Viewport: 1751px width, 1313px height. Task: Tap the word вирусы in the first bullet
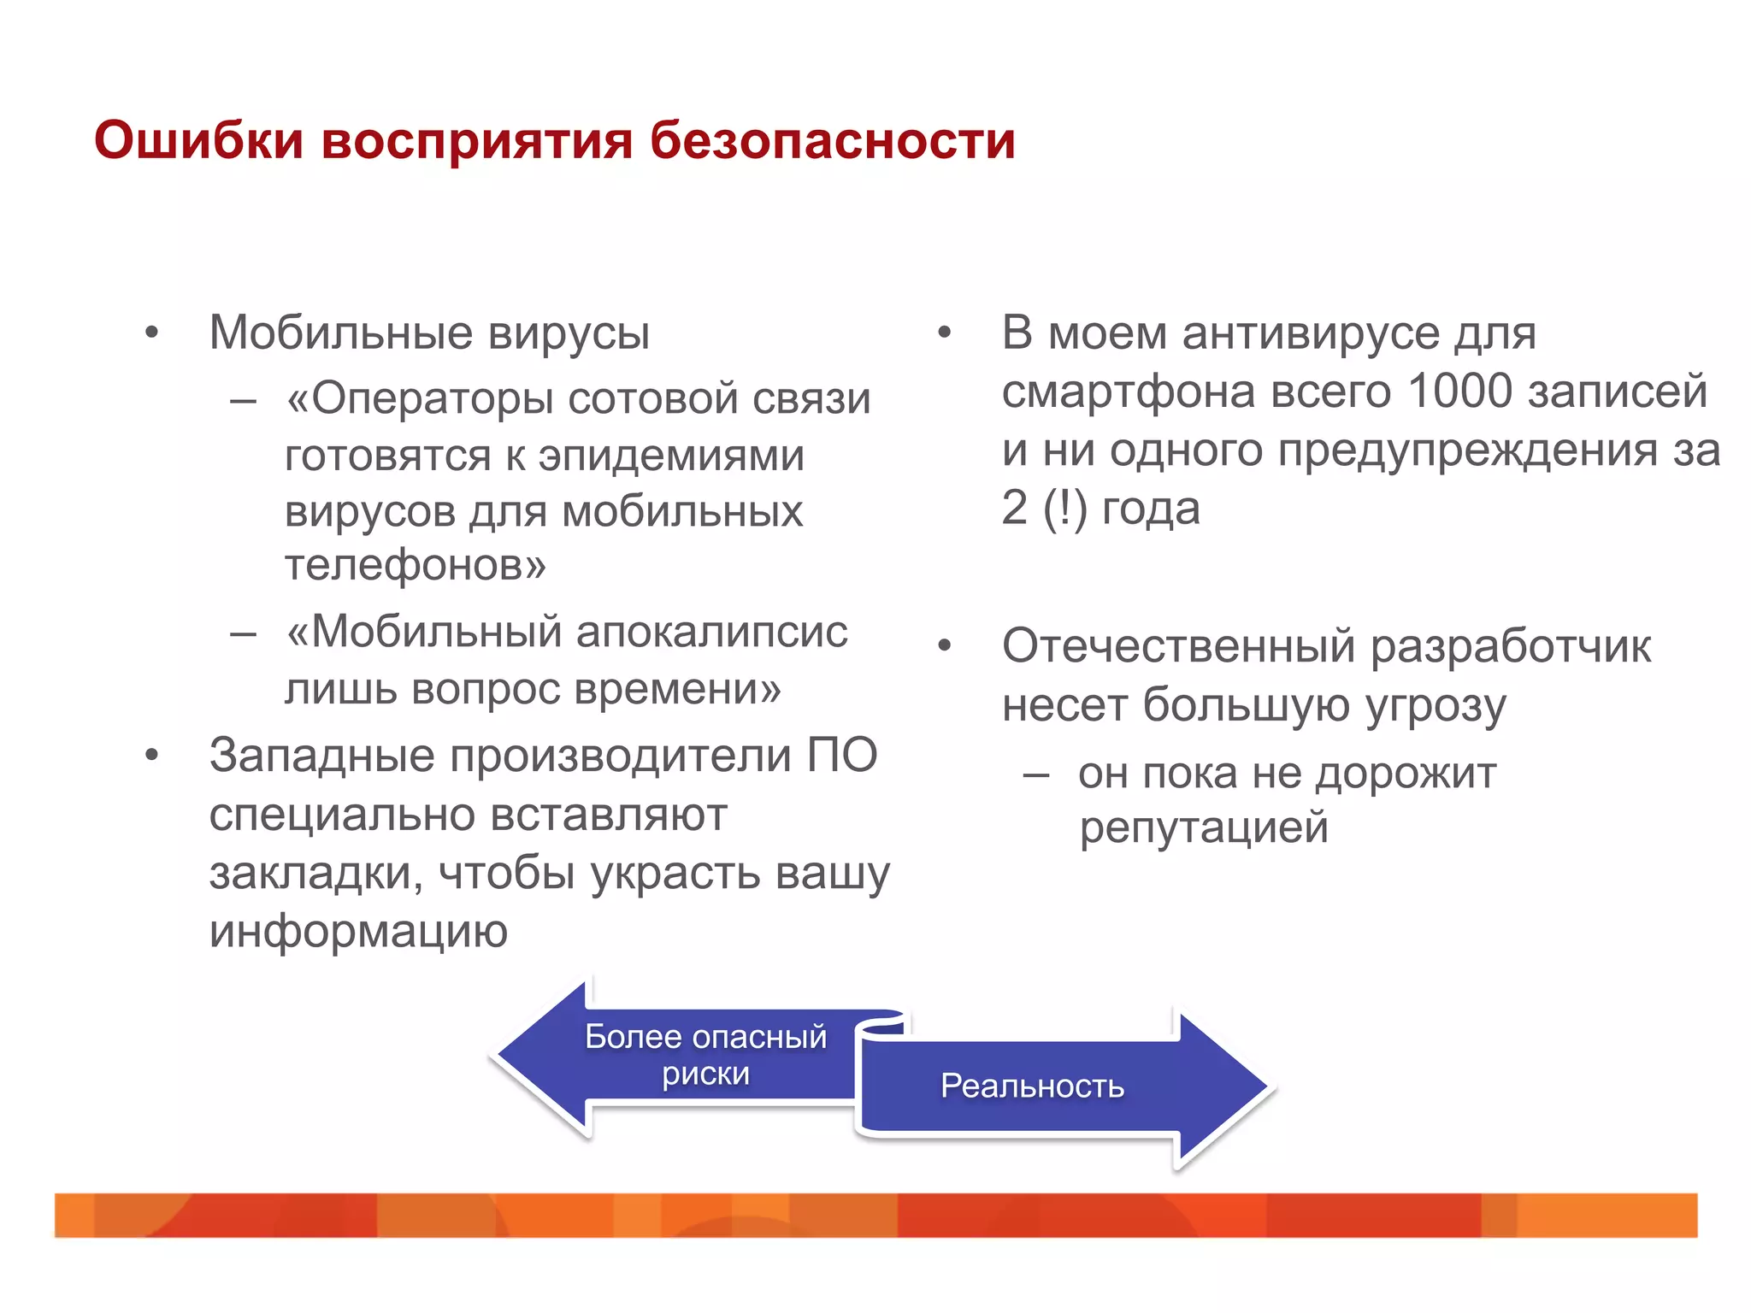point(569,333)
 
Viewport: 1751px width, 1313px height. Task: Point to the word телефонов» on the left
point(415,565)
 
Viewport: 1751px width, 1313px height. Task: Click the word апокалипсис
point(711,633)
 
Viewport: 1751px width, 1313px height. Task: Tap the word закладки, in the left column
point(315,874)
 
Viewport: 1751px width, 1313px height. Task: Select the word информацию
point(358,931)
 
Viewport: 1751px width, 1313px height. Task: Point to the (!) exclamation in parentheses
point(1065,509)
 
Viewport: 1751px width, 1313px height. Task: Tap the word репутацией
point(1204,828)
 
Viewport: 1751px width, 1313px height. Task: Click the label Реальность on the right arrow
point(1032,1086)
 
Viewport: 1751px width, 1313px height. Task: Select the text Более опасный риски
point(705,1055)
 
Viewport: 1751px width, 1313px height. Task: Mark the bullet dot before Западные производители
point(152,756)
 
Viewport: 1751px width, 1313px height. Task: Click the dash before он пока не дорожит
point(1036,775)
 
